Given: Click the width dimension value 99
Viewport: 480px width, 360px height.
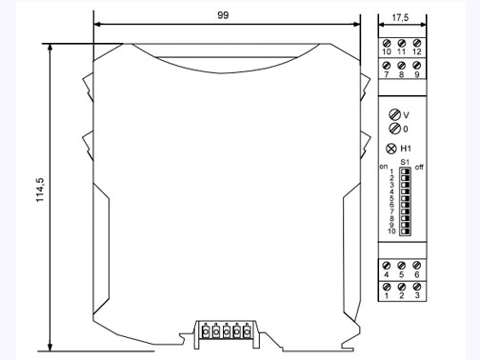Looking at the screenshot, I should coord(223,16).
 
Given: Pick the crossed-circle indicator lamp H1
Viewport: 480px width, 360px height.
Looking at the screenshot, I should coord(391,148).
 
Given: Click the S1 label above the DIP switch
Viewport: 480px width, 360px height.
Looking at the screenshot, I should coord(404,162).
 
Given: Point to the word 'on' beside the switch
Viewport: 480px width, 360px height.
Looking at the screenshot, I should coord(384,168).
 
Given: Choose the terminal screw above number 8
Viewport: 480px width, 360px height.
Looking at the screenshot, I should coord(401,64).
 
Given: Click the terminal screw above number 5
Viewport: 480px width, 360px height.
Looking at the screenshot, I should coord(401,266).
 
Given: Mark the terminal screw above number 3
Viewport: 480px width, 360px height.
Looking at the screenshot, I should coord(417,287).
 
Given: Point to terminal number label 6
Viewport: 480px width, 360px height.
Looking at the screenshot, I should coord(417,275).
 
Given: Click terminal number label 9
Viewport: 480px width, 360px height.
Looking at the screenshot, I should coord(417,73).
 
